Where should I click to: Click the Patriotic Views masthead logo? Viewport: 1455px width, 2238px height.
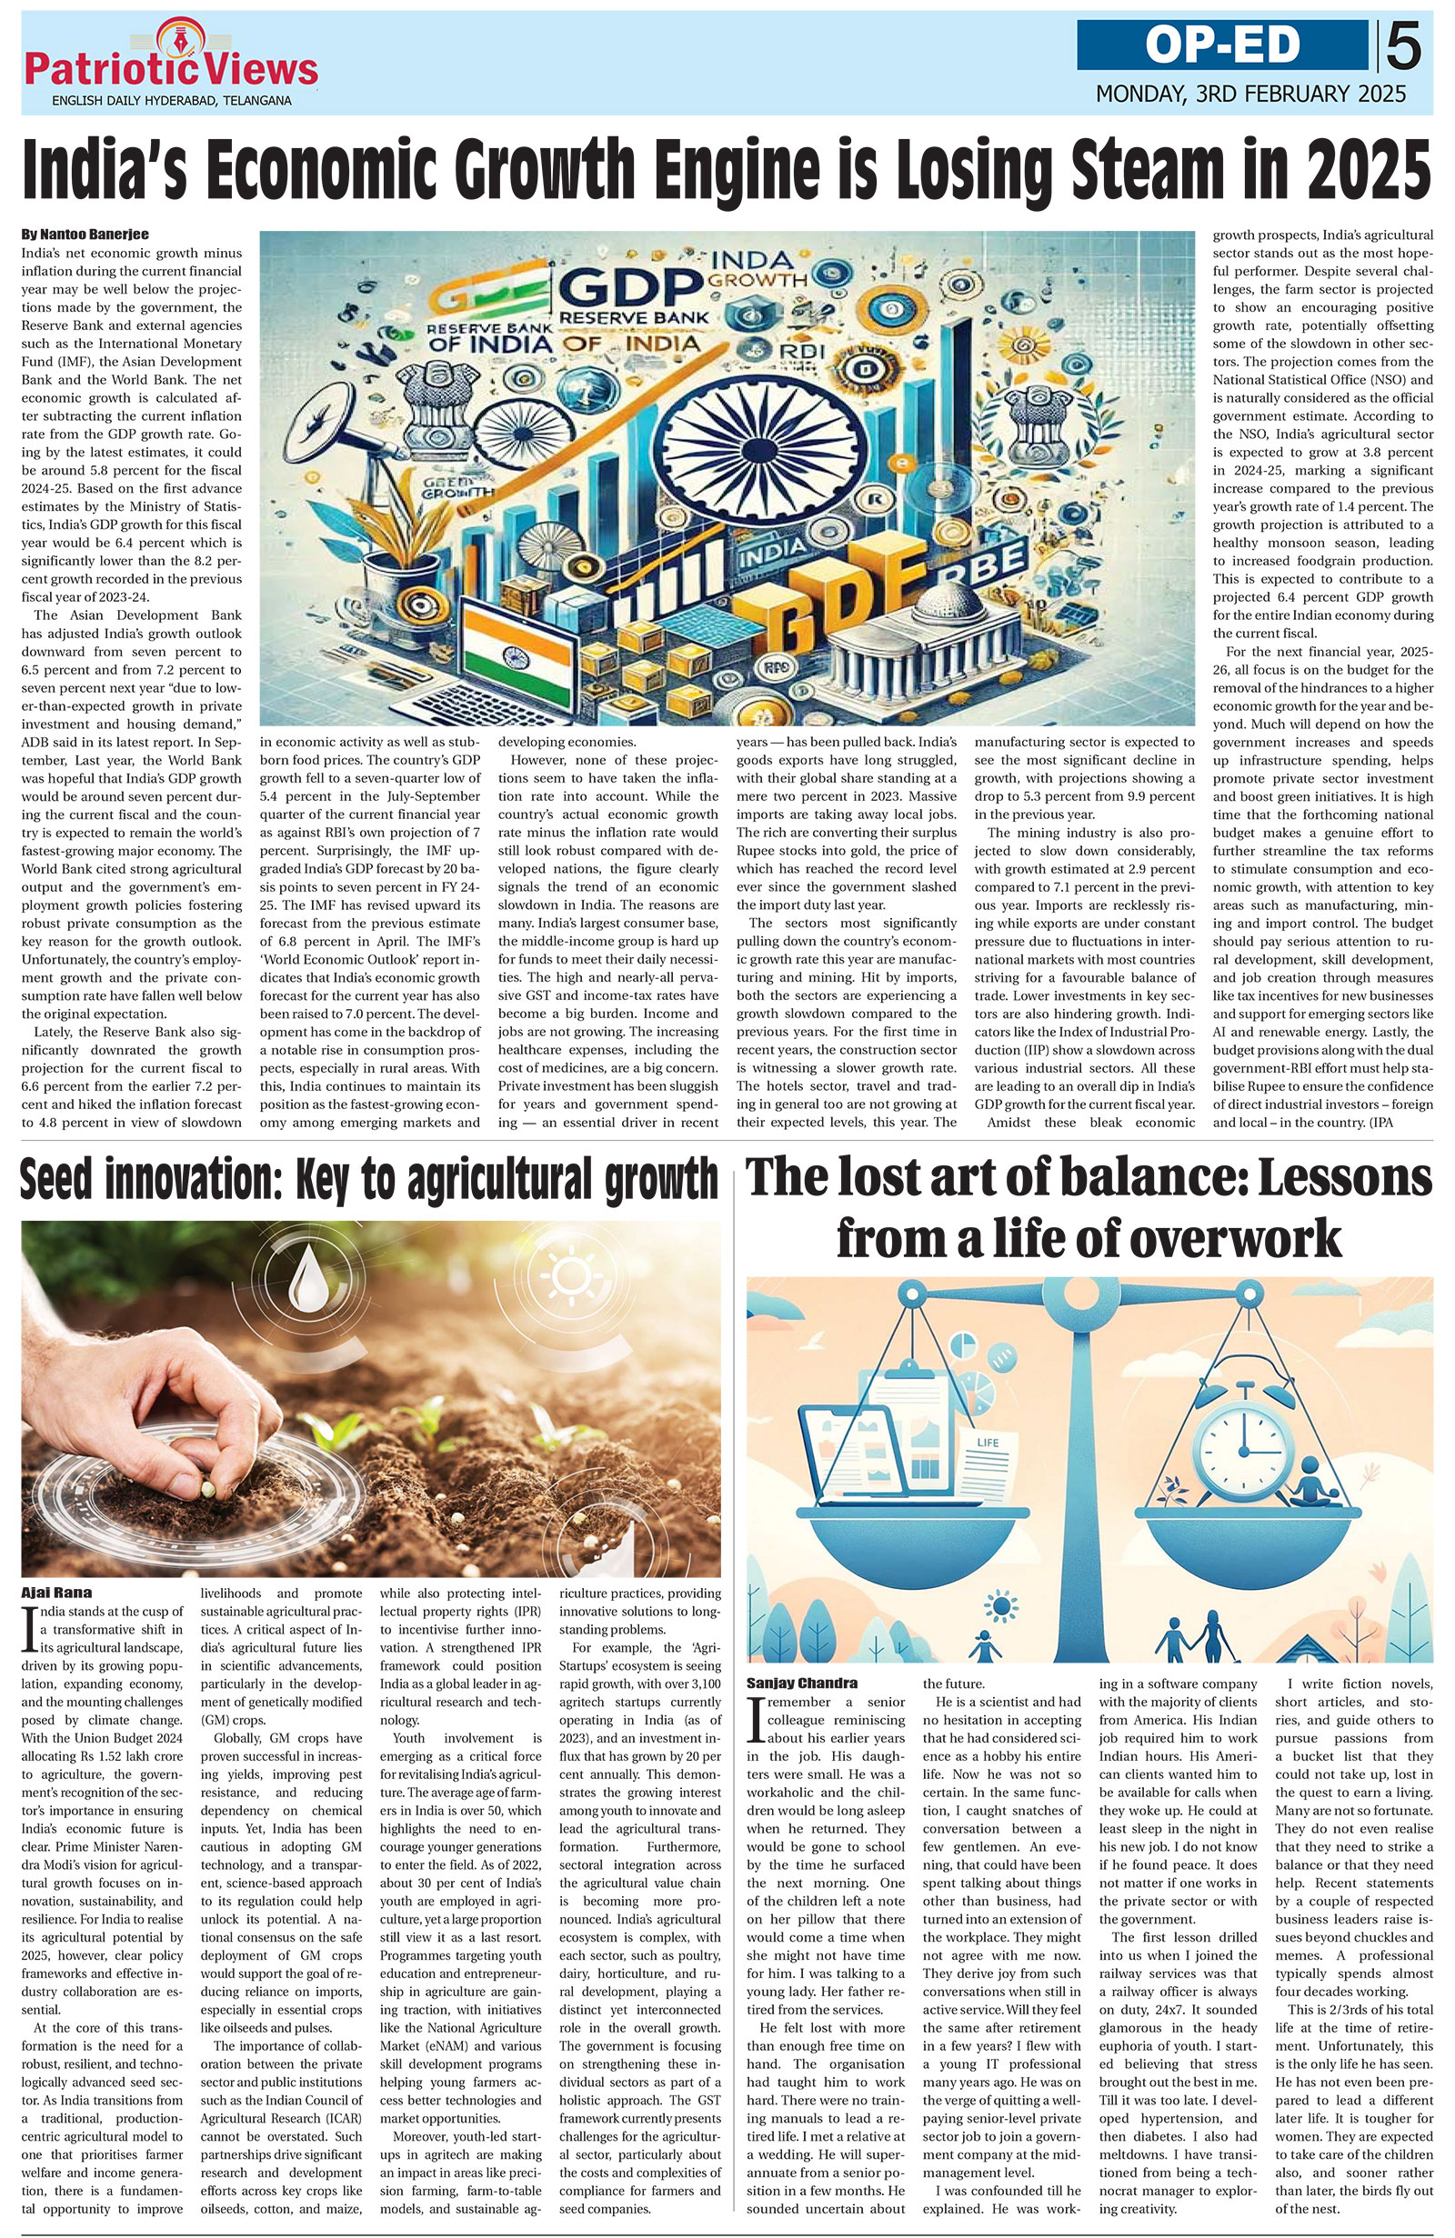[x=171, y=62]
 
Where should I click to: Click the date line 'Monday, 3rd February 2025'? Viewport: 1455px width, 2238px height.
[x=1250, y=94]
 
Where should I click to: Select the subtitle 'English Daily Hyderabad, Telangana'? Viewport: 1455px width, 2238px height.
[x=171, y=100]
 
